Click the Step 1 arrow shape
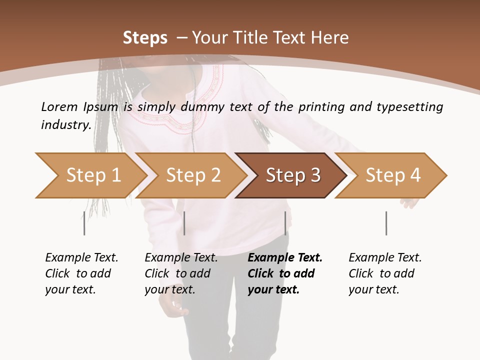tap(90, 175)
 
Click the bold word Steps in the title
tap(145, 38)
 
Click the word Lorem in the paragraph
tap(59, 107)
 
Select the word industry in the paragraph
tap(65, 125)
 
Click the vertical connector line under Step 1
tap(84, 223)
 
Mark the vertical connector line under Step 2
tap(184, 223)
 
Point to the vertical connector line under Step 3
tap(285, 223)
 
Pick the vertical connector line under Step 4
tap(386, 223)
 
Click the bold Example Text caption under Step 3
tap(285, 273)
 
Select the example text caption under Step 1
tap(81, 273)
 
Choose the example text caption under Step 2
tap(181, 273)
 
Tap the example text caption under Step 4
tap(385, 273)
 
